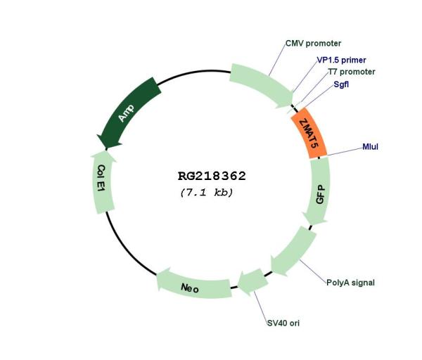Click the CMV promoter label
tap(313, 44)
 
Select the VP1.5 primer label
tap(341, 60)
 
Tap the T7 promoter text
tap(352, 72)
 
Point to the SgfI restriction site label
tap(341, 84)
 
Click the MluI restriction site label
tap(371, 147)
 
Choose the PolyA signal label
tap(350, 283)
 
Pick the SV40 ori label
tap(283, 323)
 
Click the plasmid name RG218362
tap(212, 176)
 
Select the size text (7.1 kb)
tap(206, 193)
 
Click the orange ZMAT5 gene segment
tap(309, 133)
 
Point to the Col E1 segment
tap(103, 182)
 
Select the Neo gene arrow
tap(193, 285)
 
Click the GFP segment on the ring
tap(319, 191)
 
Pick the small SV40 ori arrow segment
tap(253, 282)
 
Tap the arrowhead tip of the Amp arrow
tap(106, 148)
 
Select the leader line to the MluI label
tap(345, 151)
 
